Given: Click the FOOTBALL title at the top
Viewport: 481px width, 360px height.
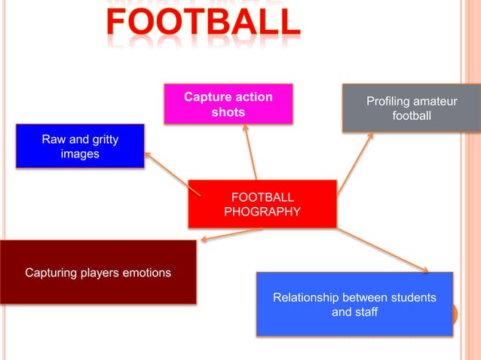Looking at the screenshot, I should coord(203,23).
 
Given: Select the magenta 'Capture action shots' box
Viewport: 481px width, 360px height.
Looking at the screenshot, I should coord(228,104).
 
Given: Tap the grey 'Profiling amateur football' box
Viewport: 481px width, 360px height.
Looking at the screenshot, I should coord(411,108).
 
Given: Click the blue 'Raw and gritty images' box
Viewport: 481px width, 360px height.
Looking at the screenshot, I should coord(80,145).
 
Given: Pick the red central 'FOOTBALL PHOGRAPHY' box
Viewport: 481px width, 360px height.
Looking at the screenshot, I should coord(262,203).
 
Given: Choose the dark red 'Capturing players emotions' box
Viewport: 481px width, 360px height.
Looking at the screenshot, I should coord(98,272).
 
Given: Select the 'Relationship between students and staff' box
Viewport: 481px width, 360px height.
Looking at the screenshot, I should coord(354,304).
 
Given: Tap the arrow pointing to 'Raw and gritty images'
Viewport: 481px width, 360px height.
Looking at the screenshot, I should coord(172,173).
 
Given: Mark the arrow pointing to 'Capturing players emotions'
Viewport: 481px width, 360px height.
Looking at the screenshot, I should coord(230,235).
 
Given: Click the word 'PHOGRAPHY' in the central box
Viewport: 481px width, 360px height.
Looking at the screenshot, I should coord(262,212).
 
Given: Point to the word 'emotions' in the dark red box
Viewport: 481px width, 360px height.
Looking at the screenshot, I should coord(147,273).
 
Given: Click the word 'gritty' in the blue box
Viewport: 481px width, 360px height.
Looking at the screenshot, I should coord(101,139).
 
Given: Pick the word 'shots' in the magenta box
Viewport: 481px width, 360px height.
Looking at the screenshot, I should coord(228,112).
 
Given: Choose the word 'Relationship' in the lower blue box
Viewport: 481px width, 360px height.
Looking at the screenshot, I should coord(306,297).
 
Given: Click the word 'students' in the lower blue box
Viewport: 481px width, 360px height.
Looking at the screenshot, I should coord(412,297).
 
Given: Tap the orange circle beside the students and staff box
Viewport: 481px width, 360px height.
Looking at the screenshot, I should coord(455,314).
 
